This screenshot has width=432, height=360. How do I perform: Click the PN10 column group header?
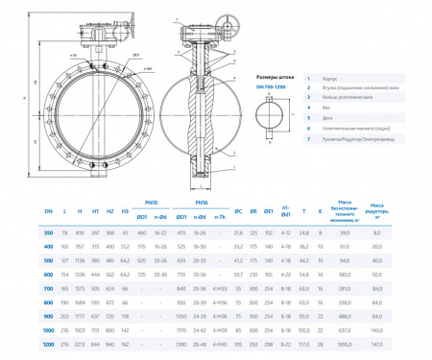coord(150,203)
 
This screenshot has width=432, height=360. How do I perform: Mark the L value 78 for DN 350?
coord(64,233)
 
